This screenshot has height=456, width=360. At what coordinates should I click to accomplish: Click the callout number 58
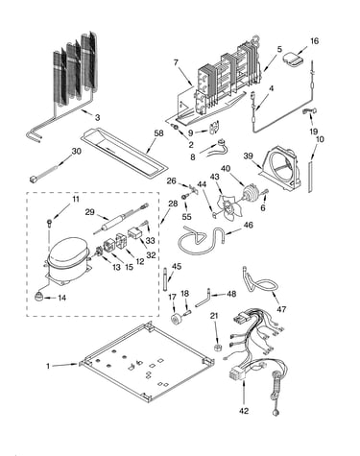pyautogui.click(x=158, y=133)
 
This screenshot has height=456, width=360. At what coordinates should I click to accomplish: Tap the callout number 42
pyautogui.click(x=244, y=411)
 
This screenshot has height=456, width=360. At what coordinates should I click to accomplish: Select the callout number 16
pyautogui.click(x=314, y=41)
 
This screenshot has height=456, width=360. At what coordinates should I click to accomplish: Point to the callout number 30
pyautogui.click(x=76, y=151)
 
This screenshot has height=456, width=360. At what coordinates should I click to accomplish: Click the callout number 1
pyautogui.click(x=48, y=366)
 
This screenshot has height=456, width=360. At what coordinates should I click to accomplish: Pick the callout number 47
pyautogui.click(x=281, y=309)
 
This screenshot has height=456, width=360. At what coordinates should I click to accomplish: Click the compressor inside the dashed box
pyautogui.click(x=66, y=258)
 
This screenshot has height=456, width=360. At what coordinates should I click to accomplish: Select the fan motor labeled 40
pyautogui.click(x=251, y=194)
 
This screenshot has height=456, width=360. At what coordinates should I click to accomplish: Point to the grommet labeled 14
pyautogui.click(x=39, y=297)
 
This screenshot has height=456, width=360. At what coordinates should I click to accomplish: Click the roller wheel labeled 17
pyautogui.click(x=176, y=320)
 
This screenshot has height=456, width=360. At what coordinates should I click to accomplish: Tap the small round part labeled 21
pyautogui.click(x=217, y=348)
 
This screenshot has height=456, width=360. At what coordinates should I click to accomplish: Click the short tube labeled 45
pyautogui.click(x=165, y=279)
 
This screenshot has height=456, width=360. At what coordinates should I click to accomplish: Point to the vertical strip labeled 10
pyautogui.click(x=309, y=177)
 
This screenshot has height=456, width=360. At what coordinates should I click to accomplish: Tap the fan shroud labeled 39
pyautogui.click(x=281, y=171)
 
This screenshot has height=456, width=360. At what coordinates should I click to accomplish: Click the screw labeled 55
pyautogui.click(x=185, y=197)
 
